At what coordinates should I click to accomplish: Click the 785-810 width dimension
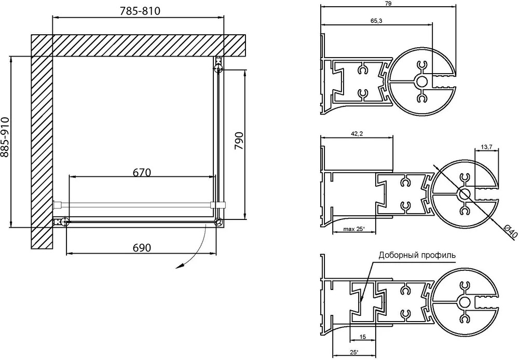(140, 11)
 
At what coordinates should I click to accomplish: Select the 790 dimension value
(239, 141)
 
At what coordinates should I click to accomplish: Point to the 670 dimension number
(142, 172)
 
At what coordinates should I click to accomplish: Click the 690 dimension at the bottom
(142, 247)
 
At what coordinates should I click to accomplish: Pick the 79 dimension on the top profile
(389, 4)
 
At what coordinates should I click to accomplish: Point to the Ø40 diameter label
(510, 231)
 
